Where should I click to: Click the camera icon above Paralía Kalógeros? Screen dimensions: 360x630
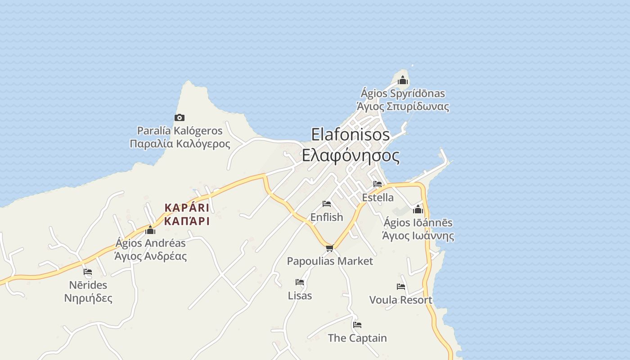(180, 118)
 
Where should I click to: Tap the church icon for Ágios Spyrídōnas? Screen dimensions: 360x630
(403, 81)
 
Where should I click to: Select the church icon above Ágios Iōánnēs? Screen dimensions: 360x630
(418, 209)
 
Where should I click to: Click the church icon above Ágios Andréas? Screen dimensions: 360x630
(150, 230)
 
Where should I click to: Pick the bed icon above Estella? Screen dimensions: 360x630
(378, 184)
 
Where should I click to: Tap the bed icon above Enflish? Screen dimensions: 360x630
(327, 204)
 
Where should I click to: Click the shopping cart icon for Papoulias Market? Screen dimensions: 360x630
(330, 248)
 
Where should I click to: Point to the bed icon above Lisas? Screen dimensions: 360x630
(300, 282)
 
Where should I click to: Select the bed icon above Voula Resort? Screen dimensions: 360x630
(401, 287)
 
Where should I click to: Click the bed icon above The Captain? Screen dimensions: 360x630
(357, 324)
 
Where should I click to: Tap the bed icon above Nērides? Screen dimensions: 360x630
(88, 272)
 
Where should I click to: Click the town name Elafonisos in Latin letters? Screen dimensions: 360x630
(351, 135)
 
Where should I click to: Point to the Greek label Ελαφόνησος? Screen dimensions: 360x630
(351, 156)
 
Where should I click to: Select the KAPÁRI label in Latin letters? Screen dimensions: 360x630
(187, 208)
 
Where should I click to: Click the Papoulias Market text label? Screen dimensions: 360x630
(330, 261)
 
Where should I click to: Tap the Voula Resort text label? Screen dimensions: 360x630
(400, 300)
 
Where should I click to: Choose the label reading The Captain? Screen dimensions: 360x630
(357, 338)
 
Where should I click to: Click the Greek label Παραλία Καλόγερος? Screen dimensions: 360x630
(180, 144)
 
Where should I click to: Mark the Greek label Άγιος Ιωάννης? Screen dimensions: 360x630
(418, 236)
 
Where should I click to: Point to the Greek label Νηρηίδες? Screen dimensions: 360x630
(88, 298)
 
